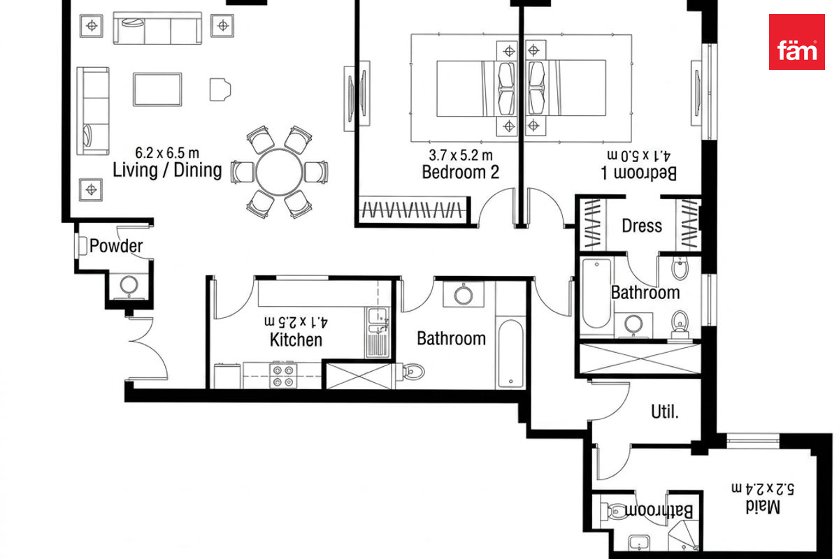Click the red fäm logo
[x=796, y=42]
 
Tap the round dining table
[x=279, y=172]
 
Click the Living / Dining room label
[x=167, y=170]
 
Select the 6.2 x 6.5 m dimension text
[x=167, y=153]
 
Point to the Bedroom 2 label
[x=460, y=172]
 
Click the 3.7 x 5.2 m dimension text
[x=460, y=154]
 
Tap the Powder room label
[x=116, y=246]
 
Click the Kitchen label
[x=296, y=340]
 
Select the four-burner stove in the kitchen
[x=283, y=375]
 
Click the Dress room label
[x=642, y=226]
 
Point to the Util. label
[x=665, y=412]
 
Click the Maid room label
[x=763, y=507]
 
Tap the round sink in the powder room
[x=129, y=285]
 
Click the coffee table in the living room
[x=157, y=89]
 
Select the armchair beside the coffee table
[x=220, y=89]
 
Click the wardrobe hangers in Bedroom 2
[x=412, y=210]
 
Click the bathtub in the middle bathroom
[x=511, y=354]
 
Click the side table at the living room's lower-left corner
[x=91, y=190]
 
